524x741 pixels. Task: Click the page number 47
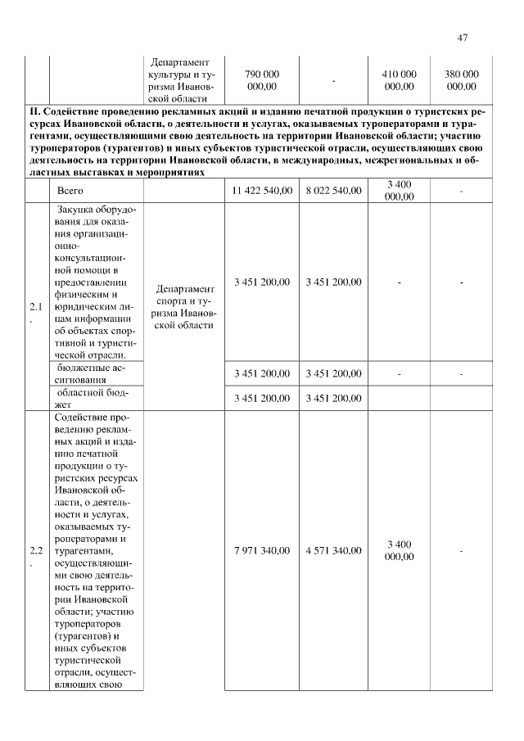tap(463, 38)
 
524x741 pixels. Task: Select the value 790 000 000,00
tap(262, 79)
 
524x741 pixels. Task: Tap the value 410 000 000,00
tap(399, 79)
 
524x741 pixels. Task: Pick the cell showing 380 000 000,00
tap(462, 79)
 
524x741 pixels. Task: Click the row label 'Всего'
tap(70, 191)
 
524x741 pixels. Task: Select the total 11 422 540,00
tap(262, 191)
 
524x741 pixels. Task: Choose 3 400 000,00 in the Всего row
tap(399, 191)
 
